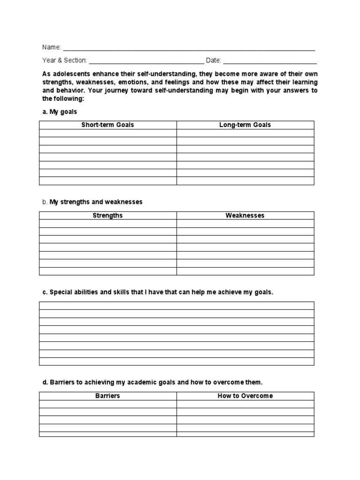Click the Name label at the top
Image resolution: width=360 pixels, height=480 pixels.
52,47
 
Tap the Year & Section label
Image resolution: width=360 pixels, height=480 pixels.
65,60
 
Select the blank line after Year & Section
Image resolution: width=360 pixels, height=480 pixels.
146,62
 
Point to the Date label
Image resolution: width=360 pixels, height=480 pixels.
213,60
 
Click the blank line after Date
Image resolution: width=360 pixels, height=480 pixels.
270,62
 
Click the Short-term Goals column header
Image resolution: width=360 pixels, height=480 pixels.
108,125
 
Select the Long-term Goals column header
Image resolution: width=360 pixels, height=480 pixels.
245,125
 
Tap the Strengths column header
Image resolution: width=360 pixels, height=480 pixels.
108,216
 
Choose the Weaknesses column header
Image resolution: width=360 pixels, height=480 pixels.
245,216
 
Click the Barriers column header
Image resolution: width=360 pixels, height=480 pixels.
108,396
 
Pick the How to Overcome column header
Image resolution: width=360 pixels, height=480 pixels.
245,396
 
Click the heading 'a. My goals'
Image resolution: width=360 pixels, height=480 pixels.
60,112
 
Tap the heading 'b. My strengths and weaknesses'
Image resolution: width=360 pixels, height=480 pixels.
92,202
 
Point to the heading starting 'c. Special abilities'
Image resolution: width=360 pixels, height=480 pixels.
157,292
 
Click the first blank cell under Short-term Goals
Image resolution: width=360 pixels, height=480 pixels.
108,133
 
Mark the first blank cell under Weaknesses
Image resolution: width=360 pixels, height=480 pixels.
245,224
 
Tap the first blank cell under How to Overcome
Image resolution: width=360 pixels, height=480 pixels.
245,404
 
